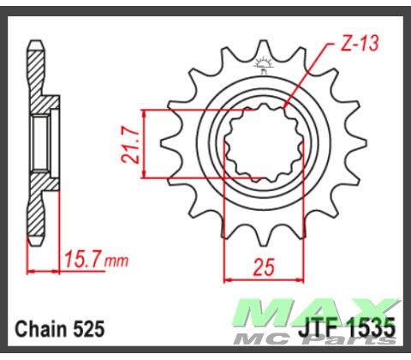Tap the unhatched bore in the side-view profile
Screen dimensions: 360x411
39,143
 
